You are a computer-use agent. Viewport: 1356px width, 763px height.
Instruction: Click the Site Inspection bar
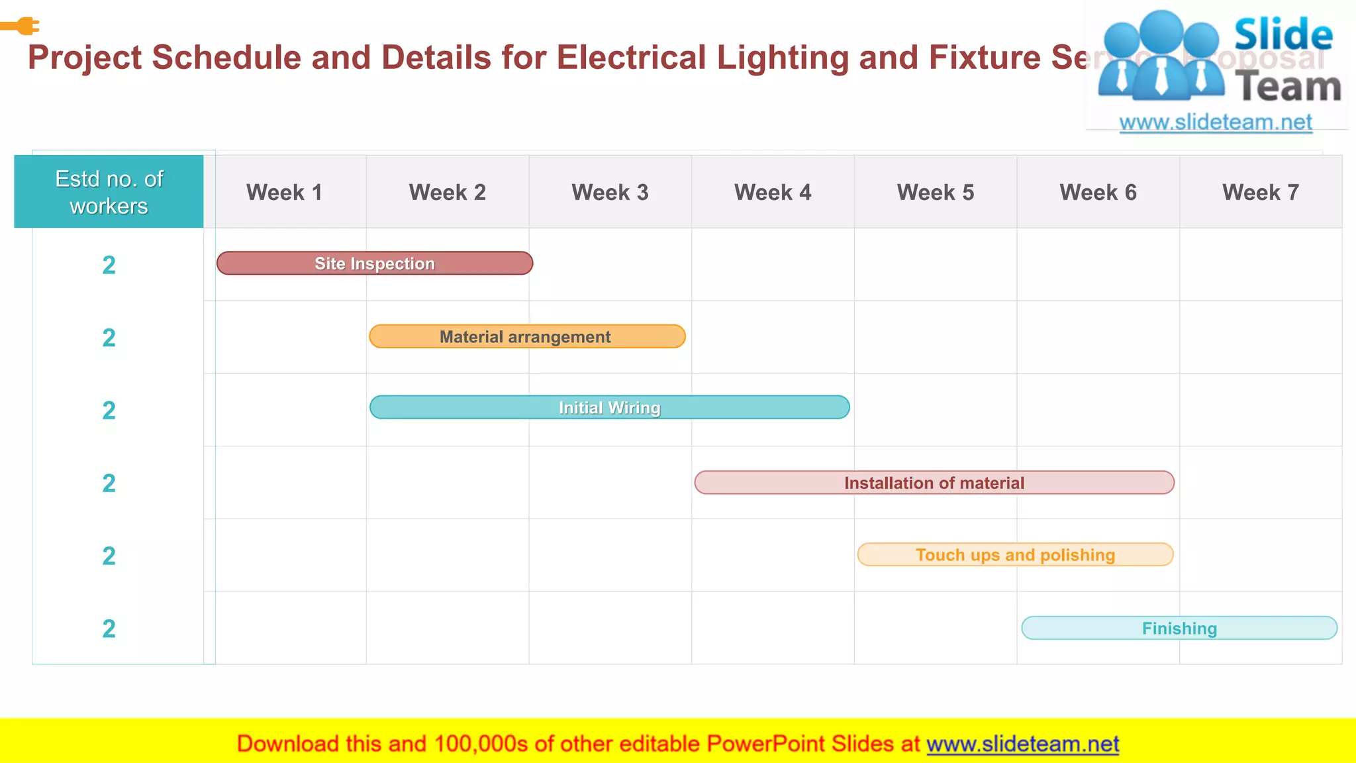[375, 264]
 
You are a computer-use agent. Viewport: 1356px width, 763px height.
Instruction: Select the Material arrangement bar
[527, 336]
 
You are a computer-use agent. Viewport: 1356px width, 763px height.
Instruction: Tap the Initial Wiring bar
[609, 407]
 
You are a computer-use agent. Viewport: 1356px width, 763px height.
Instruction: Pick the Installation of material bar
[934, 483]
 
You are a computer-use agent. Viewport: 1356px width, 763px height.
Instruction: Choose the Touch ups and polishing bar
[1015, 554]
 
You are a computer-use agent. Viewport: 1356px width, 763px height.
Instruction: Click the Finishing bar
[1179, 628]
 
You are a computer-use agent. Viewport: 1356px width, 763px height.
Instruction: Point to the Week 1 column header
[284, 193]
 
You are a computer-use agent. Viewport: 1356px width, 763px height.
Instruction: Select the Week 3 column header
[610, 193]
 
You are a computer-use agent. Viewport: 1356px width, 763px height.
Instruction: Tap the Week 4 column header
[773, 193]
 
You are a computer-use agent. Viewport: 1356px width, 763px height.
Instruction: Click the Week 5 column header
[936, 193]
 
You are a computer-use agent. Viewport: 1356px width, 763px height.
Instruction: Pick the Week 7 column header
[1261, 193]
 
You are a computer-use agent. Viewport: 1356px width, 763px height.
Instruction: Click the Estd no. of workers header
[109, 192]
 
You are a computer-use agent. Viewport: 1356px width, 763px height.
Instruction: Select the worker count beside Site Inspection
[109, 265]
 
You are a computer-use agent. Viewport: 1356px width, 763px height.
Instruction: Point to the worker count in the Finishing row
[109, 629]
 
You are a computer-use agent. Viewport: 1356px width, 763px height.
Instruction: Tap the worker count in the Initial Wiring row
[109, 411]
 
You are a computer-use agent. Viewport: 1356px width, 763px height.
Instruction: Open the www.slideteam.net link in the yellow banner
[1022, 744]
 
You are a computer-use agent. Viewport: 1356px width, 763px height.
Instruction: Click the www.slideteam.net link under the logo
[1216, 123]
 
